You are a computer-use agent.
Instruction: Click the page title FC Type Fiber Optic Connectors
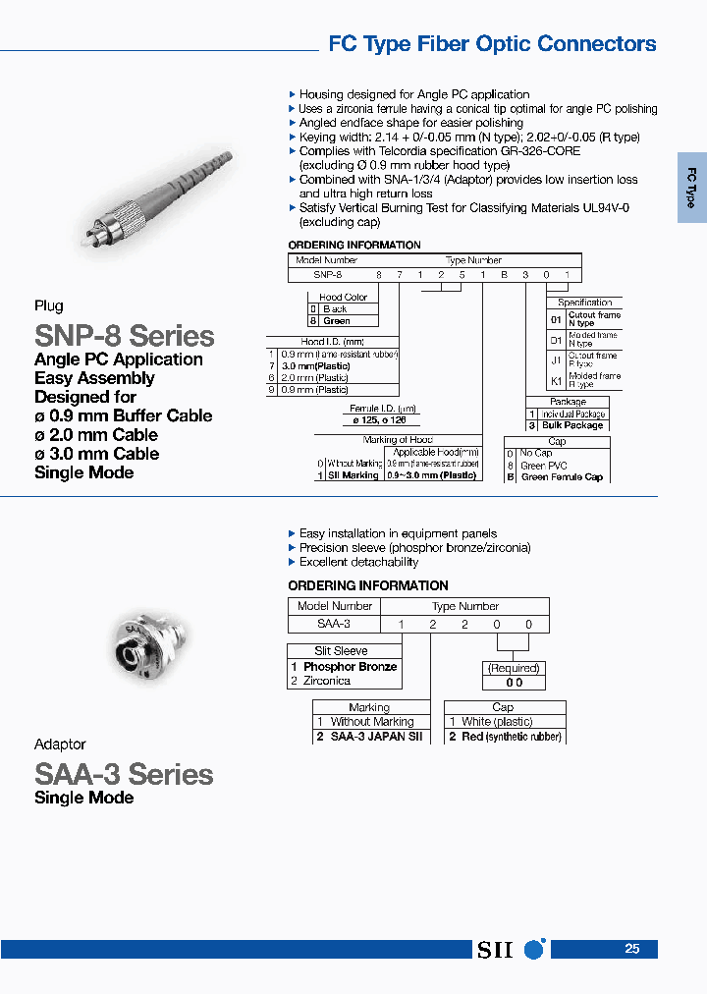pos(491,44)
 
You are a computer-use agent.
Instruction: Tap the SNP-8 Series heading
pos(124,336)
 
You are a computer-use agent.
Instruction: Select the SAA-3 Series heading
pos(124,774)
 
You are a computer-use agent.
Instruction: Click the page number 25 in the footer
pos(632,949)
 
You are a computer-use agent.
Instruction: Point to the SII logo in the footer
pos(510,950)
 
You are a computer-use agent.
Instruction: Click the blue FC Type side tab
pos(691,188)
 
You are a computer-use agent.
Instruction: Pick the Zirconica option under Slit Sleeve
pos(327,681)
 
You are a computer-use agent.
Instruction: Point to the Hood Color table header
pos(343,297)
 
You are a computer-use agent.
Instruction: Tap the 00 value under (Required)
pos(514,682)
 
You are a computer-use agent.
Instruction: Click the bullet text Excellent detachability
pos(358,562)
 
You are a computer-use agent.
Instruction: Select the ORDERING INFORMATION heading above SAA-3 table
pos(368,585)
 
